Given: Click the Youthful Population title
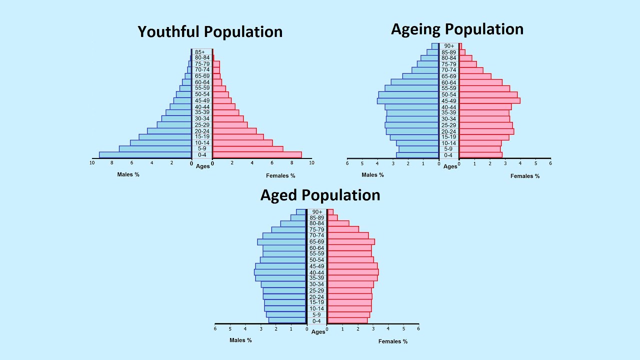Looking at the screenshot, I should click(210, 31).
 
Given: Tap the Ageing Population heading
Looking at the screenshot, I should click(457, 29).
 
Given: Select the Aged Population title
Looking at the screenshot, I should click(320, 194).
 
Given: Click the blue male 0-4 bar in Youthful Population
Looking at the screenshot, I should click(145, 155).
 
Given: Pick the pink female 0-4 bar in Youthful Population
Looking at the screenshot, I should click(257, 155).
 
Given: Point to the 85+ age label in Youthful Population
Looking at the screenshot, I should click(200, 52).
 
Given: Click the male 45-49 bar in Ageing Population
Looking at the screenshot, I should click(408, 100).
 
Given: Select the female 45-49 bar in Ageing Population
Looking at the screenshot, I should click(489, 100).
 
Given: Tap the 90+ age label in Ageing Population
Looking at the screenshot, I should click(449, 46).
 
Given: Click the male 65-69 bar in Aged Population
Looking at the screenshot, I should click(281, 242).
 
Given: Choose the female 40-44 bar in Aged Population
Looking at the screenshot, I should click(352, 272).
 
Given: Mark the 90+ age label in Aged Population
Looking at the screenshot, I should click(316, 212).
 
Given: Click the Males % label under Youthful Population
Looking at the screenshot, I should click(128, 174).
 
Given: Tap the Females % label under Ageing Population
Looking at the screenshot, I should click(525, 176).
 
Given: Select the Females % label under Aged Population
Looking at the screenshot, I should click(393, 341).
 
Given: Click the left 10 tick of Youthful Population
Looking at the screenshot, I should click(92, 162).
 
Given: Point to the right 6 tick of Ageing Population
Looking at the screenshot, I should click(550, 163).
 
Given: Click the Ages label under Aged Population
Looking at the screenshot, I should click(318, 332).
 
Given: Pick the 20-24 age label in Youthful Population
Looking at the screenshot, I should click(202, 131).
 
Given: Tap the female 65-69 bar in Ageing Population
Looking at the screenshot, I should click(475, 76).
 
